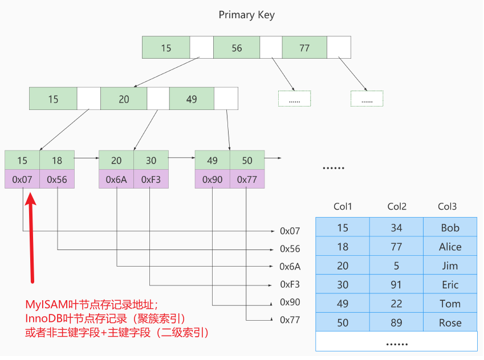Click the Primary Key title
tap(246, 15)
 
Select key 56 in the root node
tap(237, 47)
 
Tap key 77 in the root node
tap(304, 47)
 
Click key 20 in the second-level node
tap(124, 99)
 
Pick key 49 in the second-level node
tap(192, 99)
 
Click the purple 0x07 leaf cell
tap(22, 179)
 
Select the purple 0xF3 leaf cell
tap(151, 179)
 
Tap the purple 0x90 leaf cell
tap(213, 179)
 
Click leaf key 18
tap(57, 160)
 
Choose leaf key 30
tap(151, 160)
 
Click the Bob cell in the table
tap(450, 227)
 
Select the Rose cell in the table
tap(450, 322)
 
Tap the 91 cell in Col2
tap(396, 284)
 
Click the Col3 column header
tap(447, 206)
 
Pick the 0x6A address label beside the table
tap(290, 266)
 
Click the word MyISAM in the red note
tap(47, 305)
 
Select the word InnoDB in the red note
tap(46, 318)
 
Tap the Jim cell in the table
tap(450, 265)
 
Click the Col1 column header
tap(343, 206)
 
